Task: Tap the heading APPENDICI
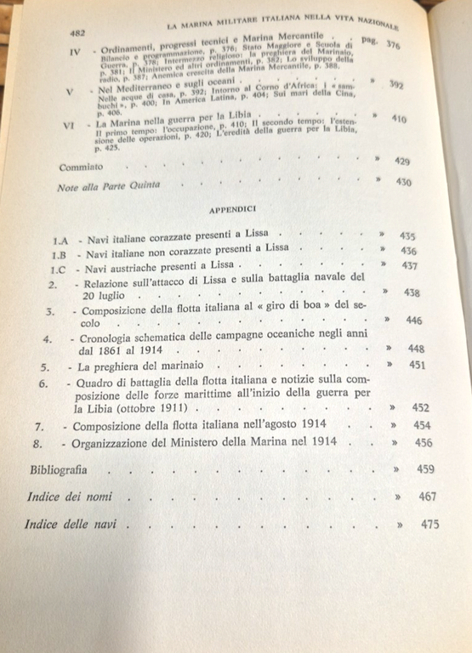pyautogui.click(x=233, y=207)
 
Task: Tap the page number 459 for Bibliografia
pyautogui.click(x=426, y=468)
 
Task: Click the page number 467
pyautogui.click(x=428, y=496)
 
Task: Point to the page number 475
pyautogui.click(x=430, y=525)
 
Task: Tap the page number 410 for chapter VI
pyautogui.click(x=398, y=120)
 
